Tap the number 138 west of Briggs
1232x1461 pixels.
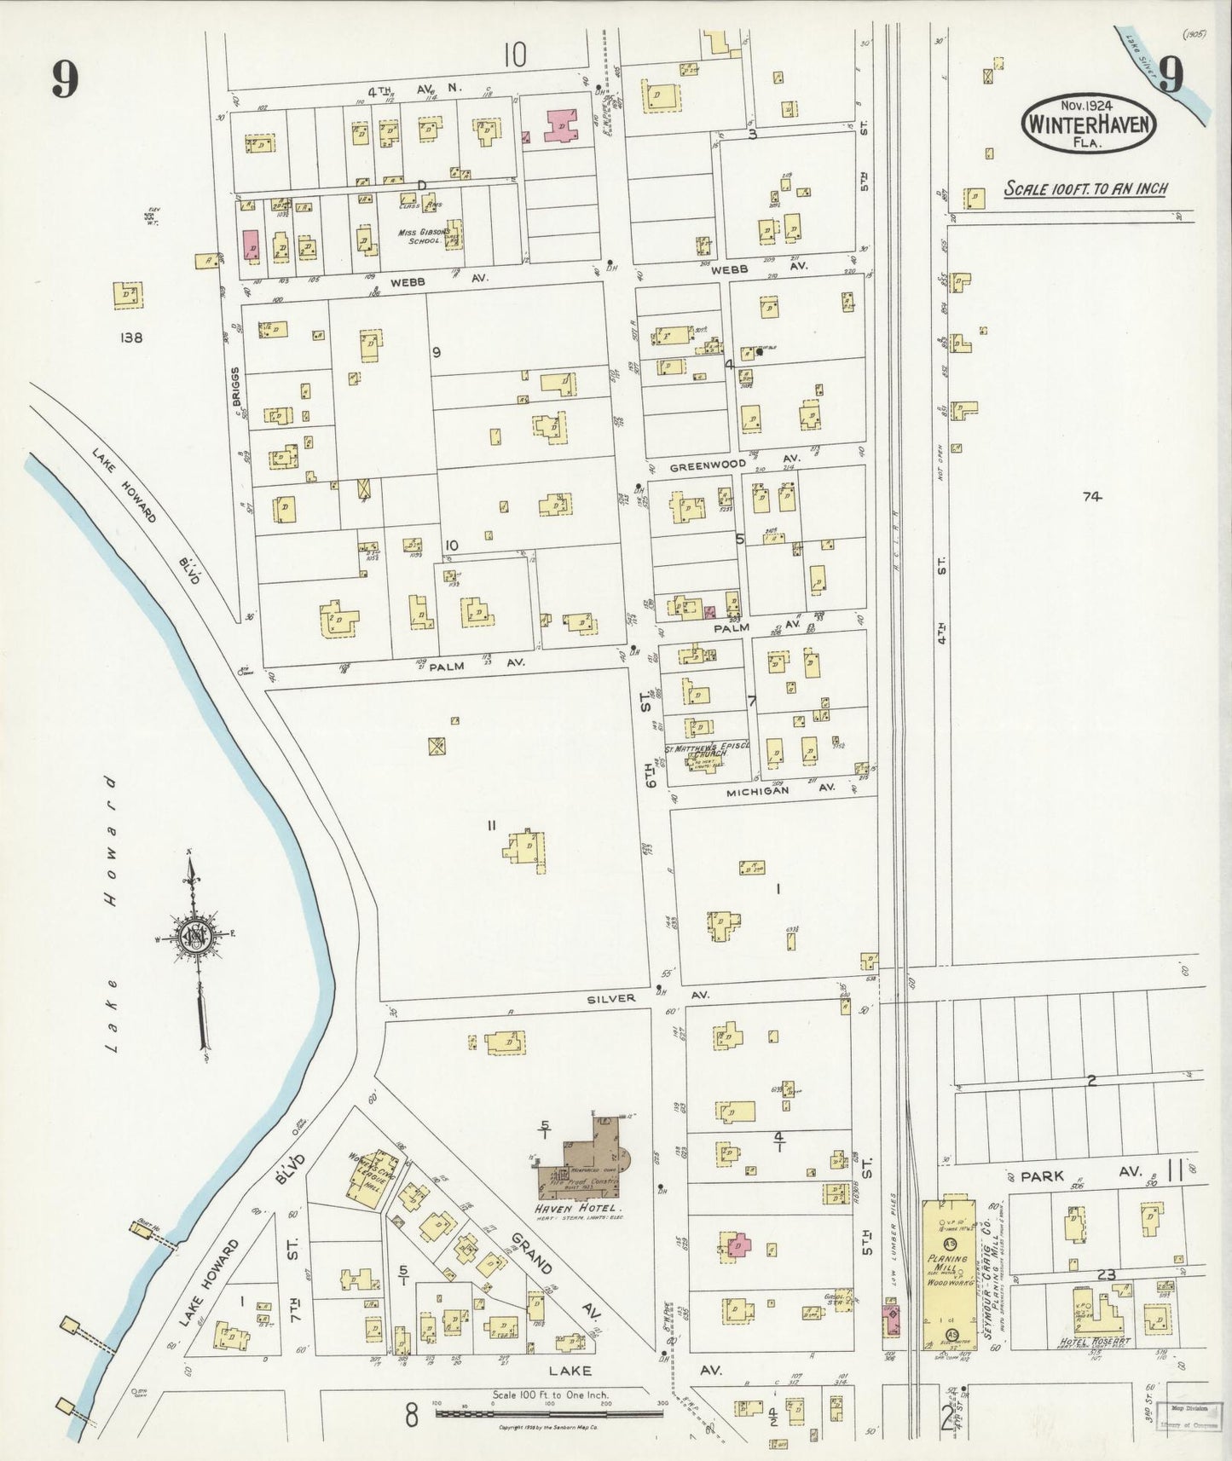click(x=131, y=338)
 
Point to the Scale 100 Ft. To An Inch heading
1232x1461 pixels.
click(x=1085, y=188)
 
